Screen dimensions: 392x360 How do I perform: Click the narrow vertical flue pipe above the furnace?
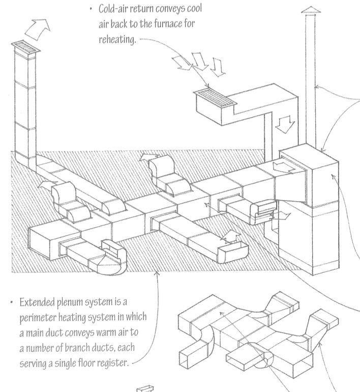(x=313, y=81)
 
